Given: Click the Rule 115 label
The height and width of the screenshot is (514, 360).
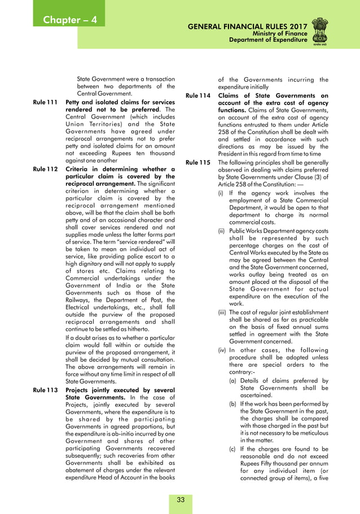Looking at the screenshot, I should (x=197, y=162).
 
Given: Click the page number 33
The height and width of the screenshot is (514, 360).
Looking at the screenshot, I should (x=181, y=499).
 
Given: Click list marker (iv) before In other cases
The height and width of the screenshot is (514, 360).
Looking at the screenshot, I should (x=223, y=350).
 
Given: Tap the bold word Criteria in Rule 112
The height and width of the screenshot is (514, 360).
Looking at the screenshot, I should (x=80, y=169).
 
